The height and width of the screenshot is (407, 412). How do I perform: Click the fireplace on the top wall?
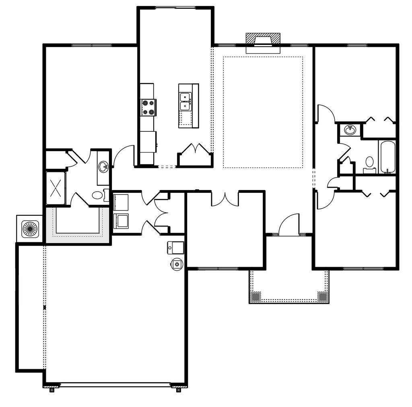263,41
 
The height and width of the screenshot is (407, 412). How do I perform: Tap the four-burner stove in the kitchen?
148,107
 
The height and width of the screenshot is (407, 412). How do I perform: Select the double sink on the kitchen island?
185,101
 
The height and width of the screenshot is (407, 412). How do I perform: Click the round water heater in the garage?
177,264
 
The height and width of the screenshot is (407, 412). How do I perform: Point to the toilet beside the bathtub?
369,163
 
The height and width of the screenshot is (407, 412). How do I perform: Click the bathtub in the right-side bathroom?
387,156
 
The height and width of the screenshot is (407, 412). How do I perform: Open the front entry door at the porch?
289,226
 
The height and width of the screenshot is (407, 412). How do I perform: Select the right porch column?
322,297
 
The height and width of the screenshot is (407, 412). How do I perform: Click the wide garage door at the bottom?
115,385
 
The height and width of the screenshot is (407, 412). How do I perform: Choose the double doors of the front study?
225,199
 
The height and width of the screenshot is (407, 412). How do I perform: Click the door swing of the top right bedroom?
325,114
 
